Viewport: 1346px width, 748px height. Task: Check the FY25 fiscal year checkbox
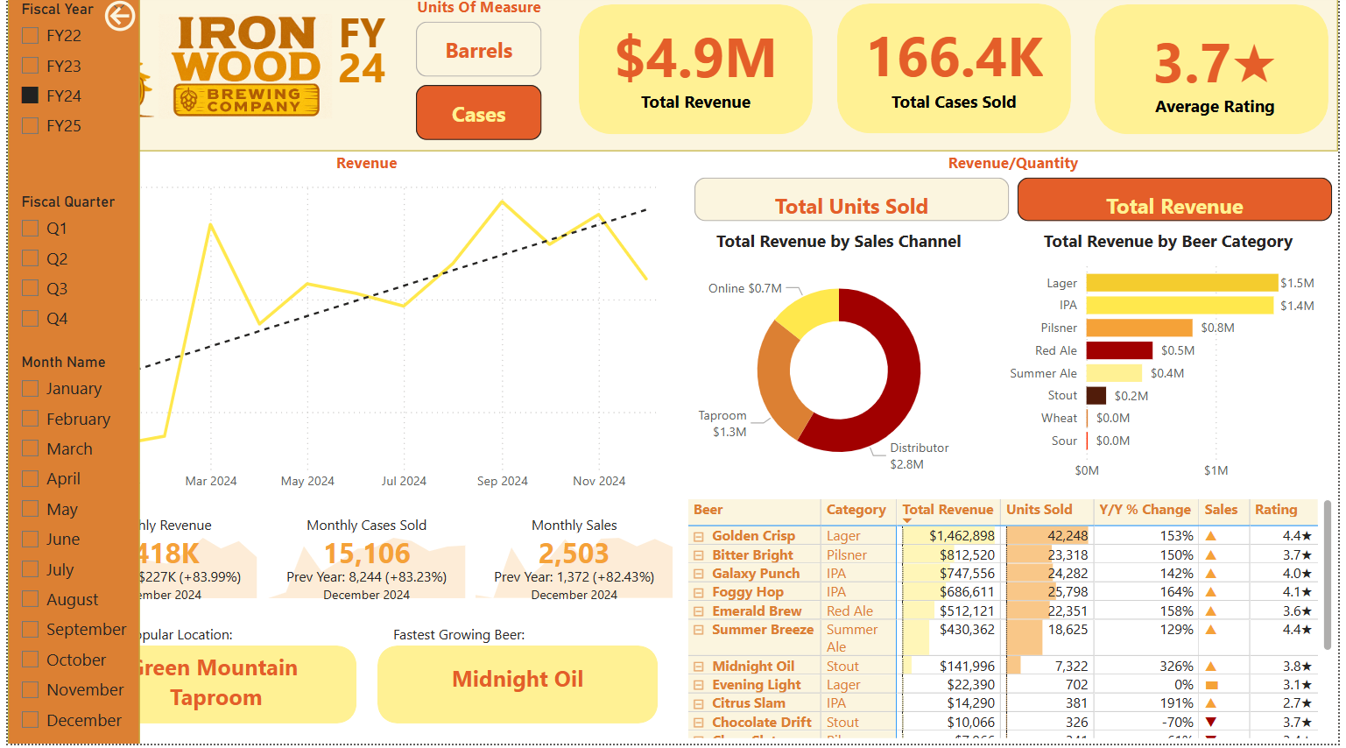point(30,125)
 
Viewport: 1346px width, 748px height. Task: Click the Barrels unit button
point(478,50)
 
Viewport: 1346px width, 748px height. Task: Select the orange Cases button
point(478,114)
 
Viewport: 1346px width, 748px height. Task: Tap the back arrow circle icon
point(120,16)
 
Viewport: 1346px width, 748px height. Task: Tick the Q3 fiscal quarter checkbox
point(30,288)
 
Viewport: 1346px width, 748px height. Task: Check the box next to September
point(30,629)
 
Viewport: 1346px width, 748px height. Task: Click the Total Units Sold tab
point(850,205)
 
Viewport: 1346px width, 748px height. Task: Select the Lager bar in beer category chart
point(1181,283)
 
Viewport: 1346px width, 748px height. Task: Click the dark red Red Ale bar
point(1118,350)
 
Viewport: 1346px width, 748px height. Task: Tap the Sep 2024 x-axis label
point(502,481)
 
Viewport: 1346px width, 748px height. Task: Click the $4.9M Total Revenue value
point(695,59)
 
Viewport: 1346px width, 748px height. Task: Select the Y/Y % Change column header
point(1144,510)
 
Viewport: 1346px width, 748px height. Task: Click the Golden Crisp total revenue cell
point(961,536)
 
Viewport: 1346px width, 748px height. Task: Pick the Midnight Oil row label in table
point(752,667)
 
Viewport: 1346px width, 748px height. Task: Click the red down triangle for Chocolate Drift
point(1211,723)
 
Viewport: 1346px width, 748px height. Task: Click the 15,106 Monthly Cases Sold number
point(366,554)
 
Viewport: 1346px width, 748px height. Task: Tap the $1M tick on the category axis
point(1216,470)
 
